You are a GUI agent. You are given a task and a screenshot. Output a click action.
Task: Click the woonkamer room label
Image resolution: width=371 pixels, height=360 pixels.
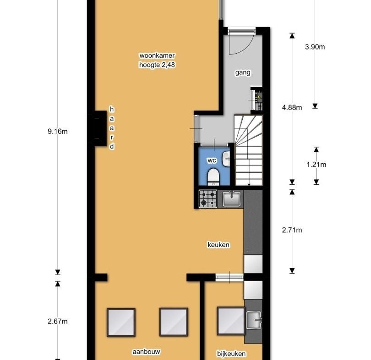point(157,55)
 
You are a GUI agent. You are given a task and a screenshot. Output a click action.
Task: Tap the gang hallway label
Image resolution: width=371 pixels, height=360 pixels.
point(242,73)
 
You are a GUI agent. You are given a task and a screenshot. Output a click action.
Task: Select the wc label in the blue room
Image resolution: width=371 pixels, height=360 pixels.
point(212,161)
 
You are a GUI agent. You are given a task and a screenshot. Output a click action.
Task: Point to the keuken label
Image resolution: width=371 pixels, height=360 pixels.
point(218,244)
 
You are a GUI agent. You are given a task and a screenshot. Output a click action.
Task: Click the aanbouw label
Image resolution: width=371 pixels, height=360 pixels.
point(146,352)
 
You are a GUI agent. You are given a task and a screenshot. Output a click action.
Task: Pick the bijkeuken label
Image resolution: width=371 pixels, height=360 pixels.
point(231,354)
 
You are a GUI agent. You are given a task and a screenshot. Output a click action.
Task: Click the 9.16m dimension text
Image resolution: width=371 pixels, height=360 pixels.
point(58,131)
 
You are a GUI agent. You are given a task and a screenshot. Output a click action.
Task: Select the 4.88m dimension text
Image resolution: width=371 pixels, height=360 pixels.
point(292,107)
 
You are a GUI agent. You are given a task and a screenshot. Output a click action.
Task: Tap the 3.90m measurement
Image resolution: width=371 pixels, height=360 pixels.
point(315,47)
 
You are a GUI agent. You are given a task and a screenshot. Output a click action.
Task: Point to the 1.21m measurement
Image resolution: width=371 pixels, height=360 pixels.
point(316,164)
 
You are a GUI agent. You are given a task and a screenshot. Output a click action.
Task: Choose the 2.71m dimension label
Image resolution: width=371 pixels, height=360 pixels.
point(292,230)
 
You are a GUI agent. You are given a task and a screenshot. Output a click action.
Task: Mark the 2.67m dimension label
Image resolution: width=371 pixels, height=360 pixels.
point(58,321)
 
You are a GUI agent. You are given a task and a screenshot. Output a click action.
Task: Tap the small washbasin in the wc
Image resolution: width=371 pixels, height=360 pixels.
point(226,159)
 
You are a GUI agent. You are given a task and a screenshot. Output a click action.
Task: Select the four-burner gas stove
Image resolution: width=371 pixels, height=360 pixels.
point(208,199)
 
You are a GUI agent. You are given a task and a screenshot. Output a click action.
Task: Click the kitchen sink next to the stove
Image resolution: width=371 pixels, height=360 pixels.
point(232,199)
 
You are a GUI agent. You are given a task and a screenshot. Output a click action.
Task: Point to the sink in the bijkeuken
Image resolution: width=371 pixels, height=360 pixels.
point(254,320)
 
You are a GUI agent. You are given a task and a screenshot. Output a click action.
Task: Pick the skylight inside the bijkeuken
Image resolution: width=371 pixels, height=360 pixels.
point(231,321)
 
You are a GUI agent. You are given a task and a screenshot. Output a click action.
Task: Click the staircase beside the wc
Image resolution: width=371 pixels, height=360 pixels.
point(248,150)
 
